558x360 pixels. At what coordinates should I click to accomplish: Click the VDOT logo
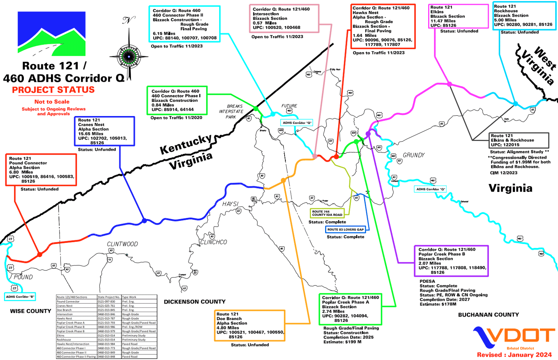tap(513, 337)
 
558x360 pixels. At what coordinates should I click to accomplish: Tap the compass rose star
tap(129, 57)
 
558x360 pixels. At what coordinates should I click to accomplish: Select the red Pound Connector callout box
tap(41, 170)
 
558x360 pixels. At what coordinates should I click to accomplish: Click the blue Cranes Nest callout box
tap(104, 131)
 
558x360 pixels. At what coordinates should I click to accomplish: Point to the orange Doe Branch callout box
tap(250, 325)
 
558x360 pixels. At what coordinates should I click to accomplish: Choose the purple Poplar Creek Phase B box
tap(451, 260)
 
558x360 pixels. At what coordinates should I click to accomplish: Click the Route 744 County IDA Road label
tap(327, 213)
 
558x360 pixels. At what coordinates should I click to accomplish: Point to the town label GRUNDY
tap(414, 155)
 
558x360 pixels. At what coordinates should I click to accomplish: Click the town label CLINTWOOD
tap(122, 244)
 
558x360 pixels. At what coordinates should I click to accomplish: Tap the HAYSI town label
tap(230, 204)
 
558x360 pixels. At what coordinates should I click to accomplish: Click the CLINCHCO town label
tap(214, 242)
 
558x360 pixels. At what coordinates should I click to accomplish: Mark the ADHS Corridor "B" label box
tap(20, 297)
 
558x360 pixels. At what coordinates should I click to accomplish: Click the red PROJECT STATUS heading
tap(53, 90)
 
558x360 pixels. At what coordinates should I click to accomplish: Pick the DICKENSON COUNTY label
tap(195, 302)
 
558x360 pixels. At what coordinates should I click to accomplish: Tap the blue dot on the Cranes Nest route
tap(144, 221)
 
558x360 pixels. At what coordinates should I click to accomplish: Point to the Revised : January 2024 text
tap(514, 355)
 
